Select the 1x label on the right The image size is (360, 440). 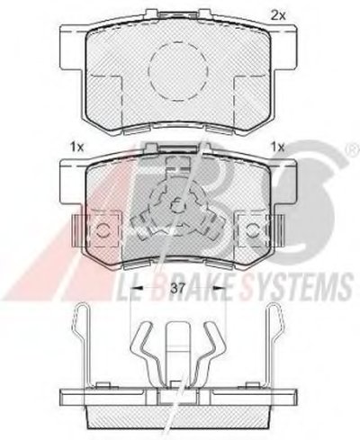tap(278, 147)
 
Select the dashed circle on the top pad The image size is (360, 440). tap(176, 65)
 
